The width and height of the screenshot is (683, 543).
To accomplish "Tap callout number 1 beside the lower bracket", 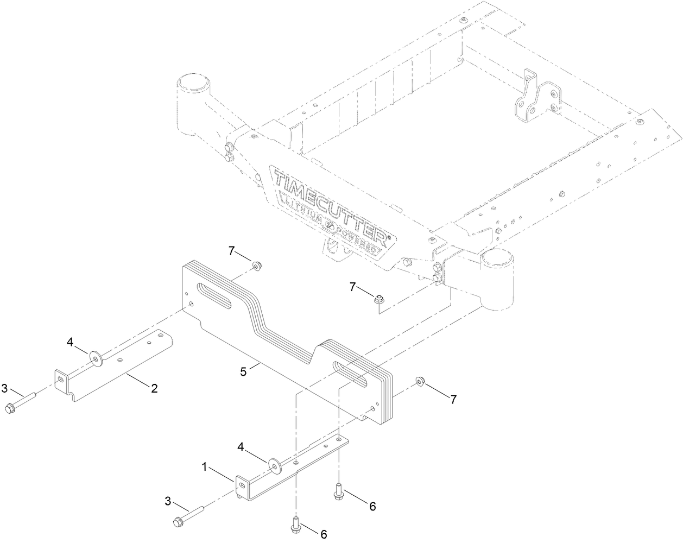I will (205, 466).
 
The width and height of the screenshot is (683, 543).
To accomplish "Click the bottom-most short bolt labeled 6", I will (296, 522).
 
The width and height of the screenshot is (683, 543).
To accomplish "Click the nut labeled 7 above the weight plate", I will (254, 266).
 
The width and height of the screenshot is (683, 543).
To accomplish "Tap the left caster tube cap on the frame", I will (194, 87).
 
